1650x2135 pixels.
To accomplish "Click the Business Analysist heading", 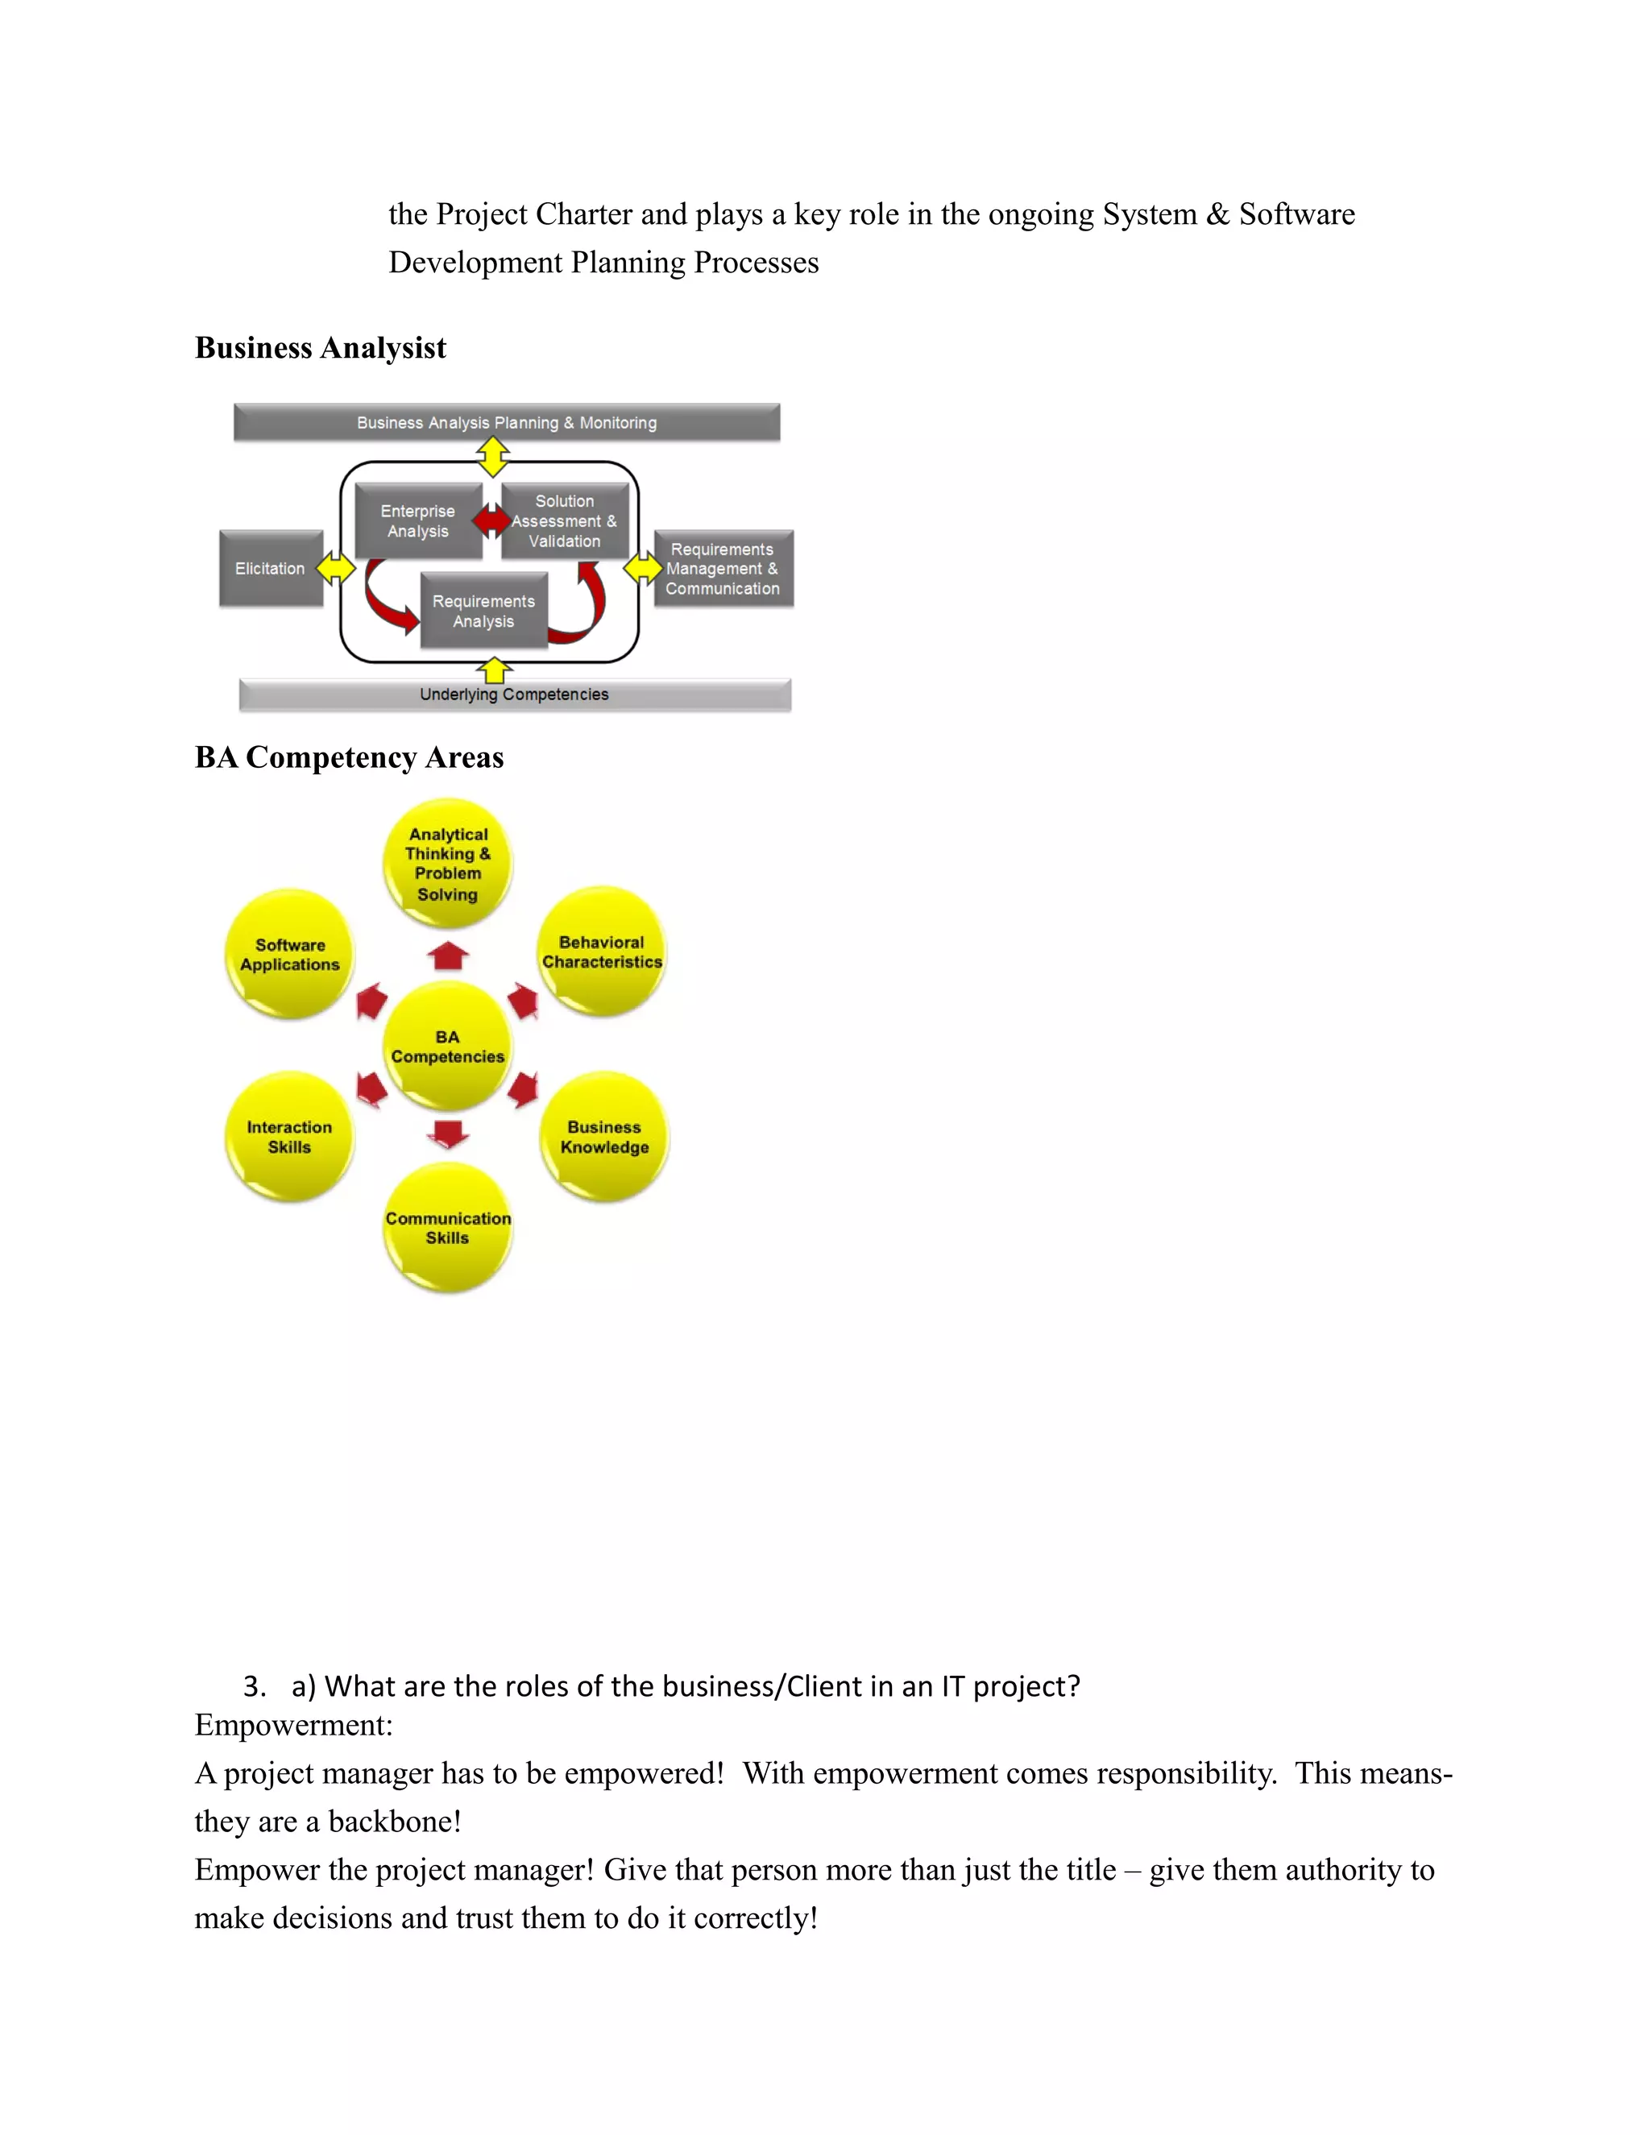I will coord(320,348).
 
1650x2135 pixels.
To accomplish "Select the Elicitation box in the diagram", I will coord(271,568).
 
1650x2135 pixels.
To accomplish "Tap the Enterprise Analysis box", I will coord(417,521).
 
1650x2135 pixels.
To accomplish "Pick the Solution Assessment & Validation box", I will coord(565,521).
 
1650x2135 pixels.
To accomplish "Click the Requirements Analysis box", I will coord(484,611).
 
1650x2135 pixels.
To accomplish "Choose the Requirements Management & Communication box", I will coord(723,569).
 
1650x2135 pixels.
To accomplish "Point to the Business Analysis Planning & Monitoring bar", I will coord(506,422).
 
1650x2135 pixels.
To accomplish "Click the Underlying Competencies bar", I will coord(514,694).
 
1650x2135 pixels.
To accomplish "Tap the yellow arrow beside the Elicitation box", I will coord(335,568).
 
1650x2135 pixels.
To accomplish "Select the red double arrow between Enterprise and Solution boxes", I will coord(491,520).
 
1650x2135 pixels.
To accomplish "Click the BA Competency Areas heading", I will coord(349,757).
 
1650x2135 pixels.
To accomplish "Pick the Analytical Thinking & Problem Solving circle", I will coord(448,863).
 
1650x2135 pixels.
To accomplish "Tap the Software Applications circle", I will coord(289,954).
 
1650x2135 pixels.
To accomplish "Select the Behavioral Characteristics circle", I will coord(602,952).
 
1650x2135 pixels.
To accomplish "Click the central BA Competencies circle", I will coord(448,1046).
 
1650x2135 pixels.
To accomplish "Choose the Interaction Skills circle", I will coord(289,1137).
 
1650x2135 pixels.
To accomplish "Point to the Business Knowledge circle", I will coord(604,1137).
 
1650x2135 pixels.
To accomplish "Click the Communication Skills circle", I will coord(448,1228).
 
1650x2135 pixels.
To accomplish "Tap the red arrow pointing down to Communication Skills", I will coord(449,1134).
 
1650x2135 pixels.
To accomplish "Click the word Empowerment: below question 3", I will coord(293,1726).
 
